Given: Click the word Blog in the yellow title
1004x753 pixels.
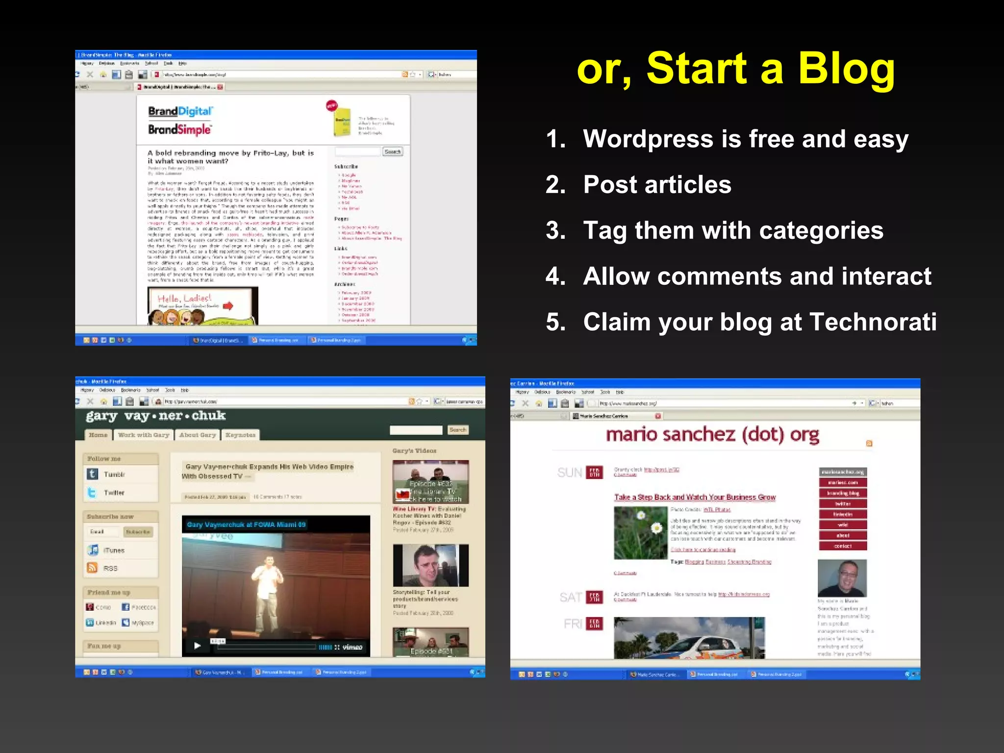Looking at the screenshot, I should click(x=846, y=69).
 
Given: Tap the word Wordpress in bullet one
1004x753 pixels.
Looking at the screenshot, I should click(x=648, y=139).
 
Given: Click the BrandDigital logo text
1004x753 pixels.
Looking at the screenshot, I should click(x=180, y=111).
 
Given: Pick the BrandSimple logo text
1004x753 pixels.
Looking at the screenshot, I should click(x=179, y=129).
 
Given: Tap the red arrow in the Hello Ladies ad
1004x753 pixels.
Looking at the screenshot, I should click(x=228, y=306).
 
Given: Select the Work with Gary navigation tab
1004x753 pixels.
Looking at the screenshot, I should click(x=143, y=435).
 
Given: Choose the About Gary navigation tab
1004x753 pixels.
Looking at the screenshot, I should click(x=198, y=435).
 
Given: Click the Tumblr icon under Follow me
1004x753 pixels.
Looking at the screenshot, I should click(x=92, y=474).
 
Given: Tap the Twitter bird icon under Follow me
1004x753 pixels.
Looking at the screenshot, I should click(x=92, y=492).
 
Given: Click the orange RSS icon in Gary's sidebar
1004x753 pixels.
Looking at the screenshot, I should click(x=92, y=568).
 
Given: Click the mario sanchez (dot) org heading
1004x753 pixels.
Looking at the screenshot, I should click(x=712, y=435).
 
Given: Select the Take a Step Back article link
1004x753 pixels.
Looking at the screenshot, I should click(x=695, y=497).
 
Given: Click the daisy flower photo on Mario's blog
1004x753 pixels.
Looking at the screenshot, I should click(x=640, y=532).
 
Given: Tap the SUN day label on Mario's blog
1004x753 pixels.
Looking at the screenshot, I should click(x=570, y=473).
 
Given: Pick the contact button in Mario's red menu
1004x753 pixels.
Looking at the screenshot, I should click(x=843, y=546).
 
